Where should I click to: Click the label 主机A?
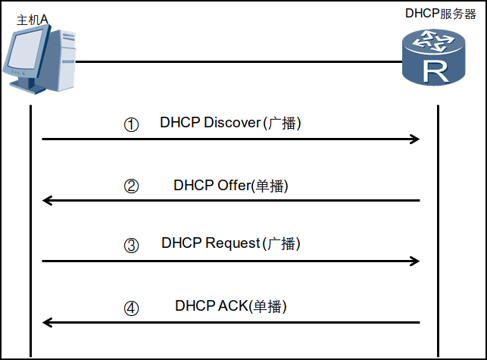click(x=33, y=20)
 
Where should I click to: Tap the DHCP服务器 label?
click(x=440, y=14)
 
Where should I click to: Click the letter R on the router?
click(x=435, y=72)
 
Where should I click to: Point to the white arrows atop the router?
click(x=433, y=41)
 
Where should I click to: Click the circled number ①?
click(x=131, y=124)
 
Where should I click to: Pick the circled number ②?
click(x=131, y=186)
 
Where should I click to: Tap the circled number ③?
click(x=131, y=246)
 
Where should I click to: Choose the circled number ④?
click(x=131, y=308)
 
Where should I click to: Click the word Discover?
click(x=233, y=123)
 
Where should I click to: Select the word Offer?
click(x=234, y=185)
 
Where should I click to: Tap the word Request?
click(x=233, y=243)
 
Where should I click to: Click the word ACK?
click(x=233, y=306)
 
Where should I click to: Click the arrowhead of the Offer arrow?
click(x=47, y=201)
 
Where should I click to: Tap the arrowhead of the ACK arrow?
click(x=47, y=323)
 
